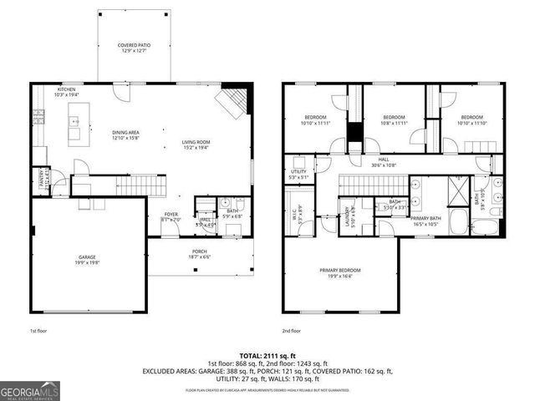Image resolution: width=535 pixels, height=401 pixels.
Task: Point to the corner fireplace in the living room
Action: (231, 104)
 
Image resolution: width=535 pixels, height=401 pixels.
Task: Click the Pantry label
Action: (39, 176)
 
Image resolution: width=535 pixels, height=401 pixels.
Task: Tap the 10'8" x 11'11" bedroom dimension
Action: (393, 122)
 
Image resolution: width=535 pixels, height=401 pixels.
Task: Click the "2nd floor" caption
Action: (291, 332)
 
